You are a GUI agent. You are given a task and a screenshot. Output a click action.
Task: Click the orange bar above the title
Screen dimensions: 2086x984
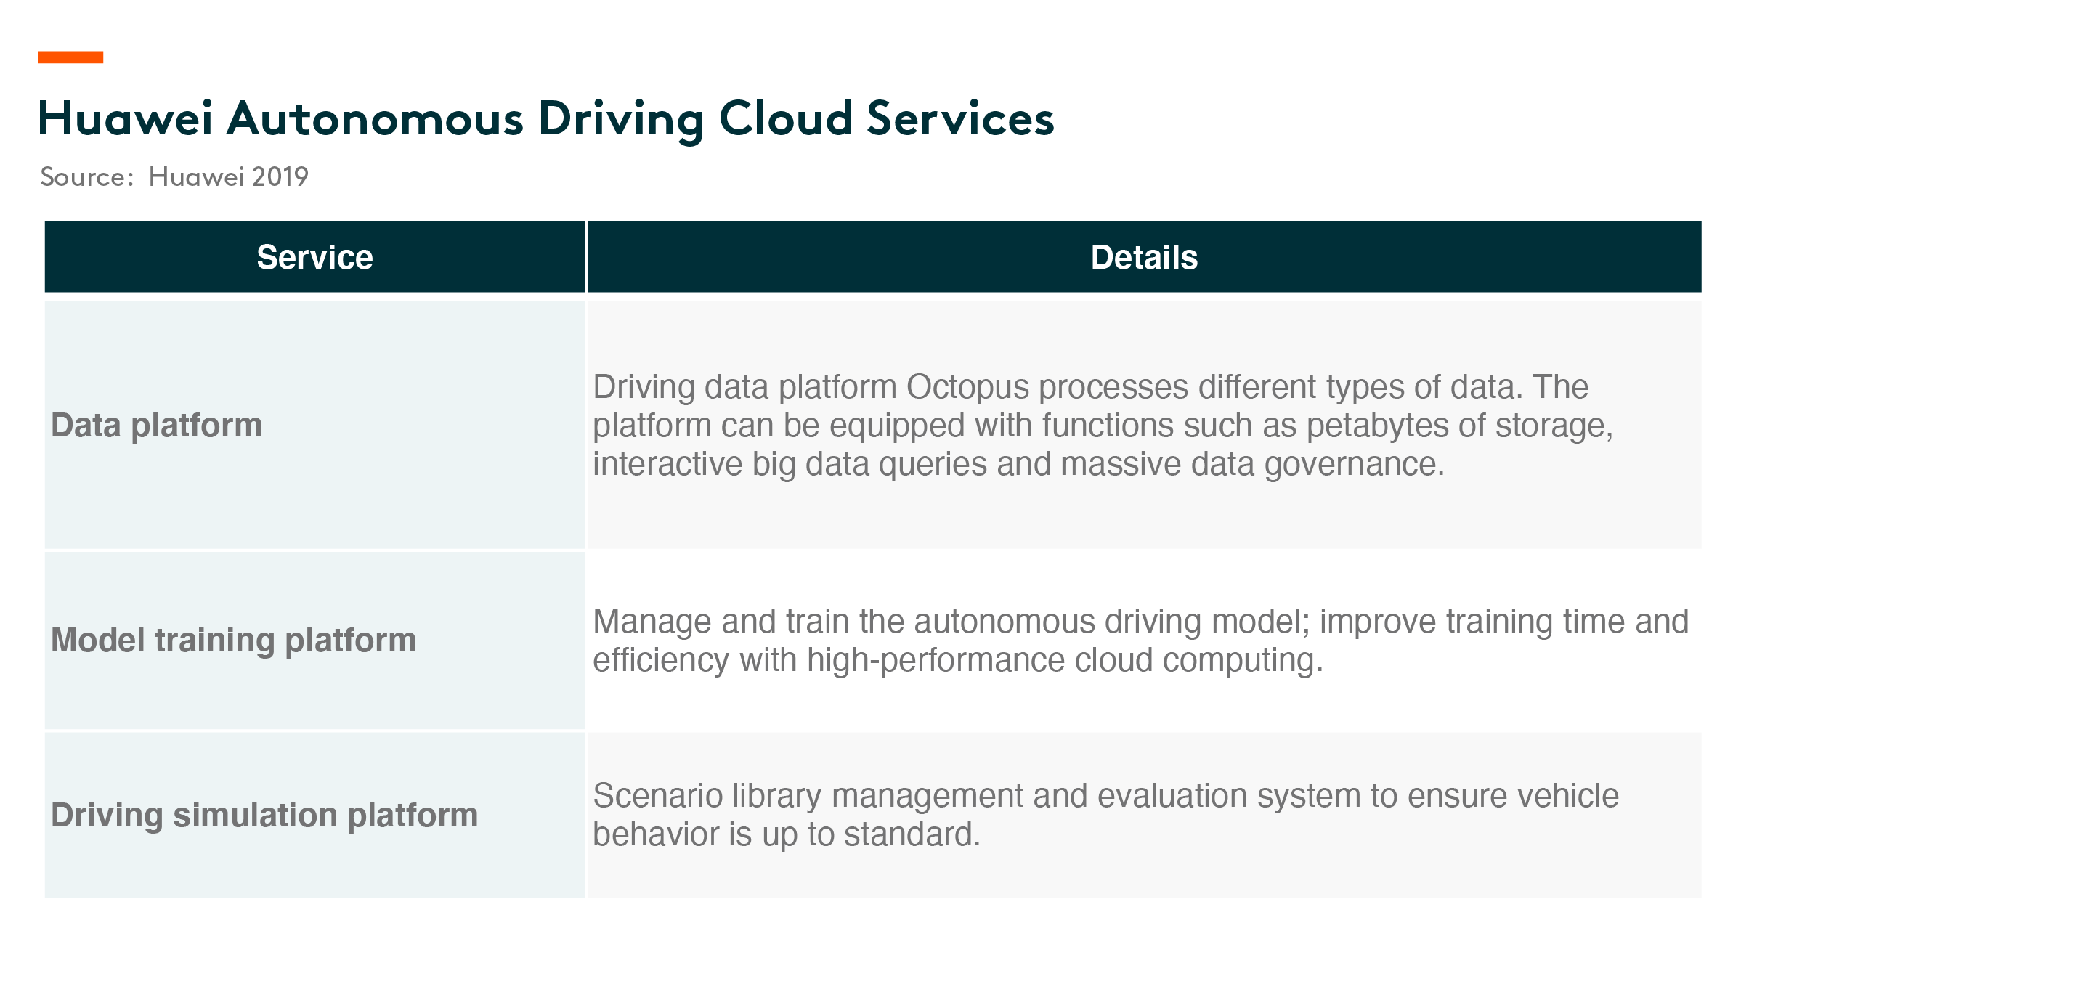pyautogui.click(x=70, y=57)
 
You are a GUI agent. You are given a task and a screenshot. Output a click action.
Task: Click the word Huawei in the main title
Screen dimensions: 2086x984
pyautogui.click(x=126, y=118)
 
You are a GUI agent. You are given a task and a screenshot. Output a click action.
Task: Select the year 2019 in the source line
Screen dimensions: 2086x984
pyautogui.click(x=280, y=176)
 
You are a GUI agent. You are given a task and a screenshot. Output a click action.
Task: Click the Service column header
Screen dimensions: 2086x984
pyautogui.click(x=315, y=258)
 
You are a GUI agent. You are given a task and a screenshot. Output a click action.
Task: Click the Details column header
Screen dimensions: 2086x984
pyautogui.click(x=1143, y=258)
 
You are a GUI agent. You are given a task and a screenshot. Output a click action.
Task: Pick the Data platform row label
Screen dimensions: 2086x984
pyautogui.click(x=156, y=425)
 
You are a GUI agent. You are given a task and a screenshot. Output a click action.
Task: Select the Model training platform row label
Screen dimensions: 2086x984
pyautogui.click(x=233, y=640)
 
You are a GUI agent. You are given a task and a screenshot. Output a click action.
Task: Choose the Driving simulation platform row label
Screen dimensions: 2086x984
pyautogui.click(x=264, y=815)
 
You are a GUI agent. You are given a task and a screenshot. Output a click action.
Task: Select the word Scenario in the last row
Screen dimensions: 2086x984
pyautogui.click(x=657, y=795)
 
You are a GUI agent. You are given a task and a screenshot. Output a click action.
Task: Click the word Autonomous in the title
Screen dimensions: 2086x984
pyautogui.click(x=375, y=118)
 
